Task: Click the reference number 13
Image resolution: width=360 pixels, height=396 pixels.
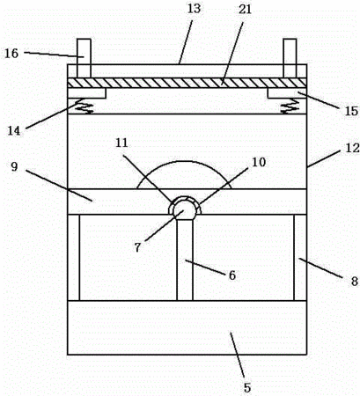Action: tap(194, 8)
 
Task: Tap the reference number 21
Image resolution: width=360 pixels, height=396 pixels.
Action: tap(245, 9)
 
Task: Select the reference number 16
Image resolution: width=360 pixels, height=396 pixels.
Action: tap(11, 54)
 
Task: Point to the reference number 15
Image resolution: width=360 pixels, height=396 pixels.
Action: tap(351, 111)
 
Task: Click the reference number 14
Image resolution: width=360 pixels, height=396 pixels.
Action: tap(14, 131)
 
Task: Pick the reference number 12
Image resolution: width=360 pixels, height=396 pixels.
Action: tap(352, 148)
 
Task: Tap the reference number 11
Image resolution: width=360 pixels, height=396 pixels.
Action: tap(121, 143)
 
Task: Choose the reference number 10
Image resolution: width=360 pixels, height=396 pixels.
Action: tap(259, 162)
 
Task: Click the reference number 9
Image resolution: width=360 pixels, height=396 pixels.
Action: tap(14, 166)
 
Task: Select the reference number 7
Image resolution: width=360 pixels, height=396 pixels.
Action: tap(137, 247)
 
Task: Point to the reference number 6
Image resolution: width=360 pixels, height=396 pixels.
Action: tap(232, 275)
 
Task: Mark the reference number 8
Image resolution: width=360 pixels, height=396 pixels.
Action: tap(355, 282)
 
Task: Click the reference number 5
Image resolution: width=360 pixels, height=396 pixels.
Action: tap(247, 388)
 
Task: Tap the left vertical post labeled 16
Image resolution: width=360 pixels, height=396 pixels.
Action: tap(84, 58)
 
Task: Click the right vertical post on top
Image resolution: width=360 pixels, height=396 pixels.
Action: tap(290, 58)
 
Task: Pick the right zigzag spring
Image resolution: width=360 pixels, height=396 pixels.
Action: tap(290, 106)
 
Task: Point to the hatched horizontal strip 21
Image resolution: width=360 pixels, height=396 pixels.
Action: tap(187, 83)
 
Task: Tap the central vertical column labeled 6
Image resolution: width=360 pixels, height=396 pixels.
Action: tap(185, 260)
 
